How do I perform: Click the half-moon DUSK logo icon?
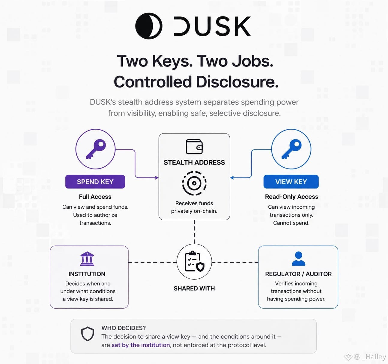tap(149, 26)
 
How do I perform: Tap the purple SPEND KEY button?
tap(95, 182)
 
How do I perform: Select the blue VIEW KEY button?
tap(291, 182)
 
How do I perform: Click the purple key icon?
tap(96, 149)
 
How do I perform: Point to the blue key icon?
tap(291, 149)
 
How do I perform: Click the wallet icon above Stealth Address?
tap(194, 146)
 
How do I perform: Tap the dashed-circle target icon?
tap(194, 183)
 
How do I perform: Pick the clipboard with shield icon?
tap(194, 261)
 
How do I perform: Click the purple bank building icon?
tap(87, 259)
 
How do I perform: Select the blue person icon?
tap(299, 259)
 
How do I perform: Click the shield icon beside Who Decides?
tap(88, 334)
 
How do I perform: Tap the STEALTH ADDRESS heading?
tap(194, 162)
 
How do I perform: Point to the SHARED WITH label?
tap(194, 288)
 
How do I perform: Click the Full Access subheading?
tap(95, 197)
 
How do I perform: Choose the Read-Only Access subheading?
tap(291, 197)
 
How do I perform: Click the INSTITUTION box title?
tap(87, 274)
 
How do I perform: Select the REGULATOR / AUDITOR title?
tap(298, 274)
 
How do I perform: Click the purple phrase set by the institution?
tap(141, 345)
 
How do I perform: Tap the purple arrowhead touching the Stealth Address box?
tap(157, 178)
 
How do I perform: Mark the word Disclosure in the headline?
tap(237, 82)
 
